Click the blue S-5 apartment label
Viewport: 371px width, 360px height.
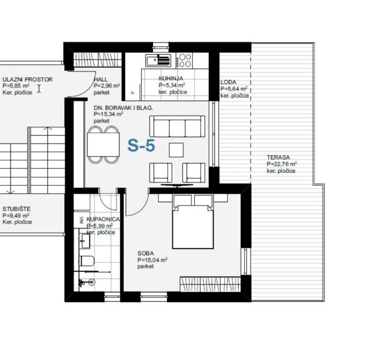pos(141,145)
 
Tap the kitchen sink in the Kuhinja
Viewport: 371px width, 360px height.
pos(158,60)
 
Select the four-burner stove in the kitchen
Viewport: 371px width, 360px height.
pos(184,60)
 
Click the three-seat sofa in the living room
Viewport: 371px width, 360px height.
pos(178,126)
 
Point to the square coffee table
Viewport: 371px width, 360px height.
pos(176,150)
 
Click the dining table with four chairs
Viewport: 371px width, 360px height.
pos(103,145)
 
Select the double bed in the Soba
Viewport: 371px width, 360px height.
pos(193,222)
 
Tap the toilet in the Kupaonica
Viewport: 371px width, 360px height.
pos(88,261)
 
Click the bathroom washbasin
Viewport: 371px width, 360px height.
pos(85,241)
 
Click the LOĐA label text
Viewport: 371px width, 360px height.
pos(228,82)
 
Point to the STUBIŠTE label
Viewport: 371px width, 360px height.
pos(17,209)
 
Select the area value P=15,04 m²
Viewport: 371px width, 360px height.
pos(153,260)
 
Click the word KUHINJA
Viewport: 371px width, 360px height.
pos(171,78)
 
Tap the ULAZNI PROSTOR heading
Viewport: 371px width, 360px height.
pos(28,79)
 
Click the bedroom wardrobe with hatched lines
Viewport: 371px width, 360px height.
pos(211,284)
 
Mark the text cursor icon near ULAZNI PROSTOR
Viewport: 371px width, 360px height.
pos(39,89)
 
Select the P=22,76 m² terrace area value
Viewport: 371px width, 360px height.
pos(282,164)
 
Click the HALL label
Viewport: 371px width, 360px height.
pos(101,79)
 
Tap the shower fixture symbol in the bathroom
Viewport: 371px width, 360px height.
pos(87,282)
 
